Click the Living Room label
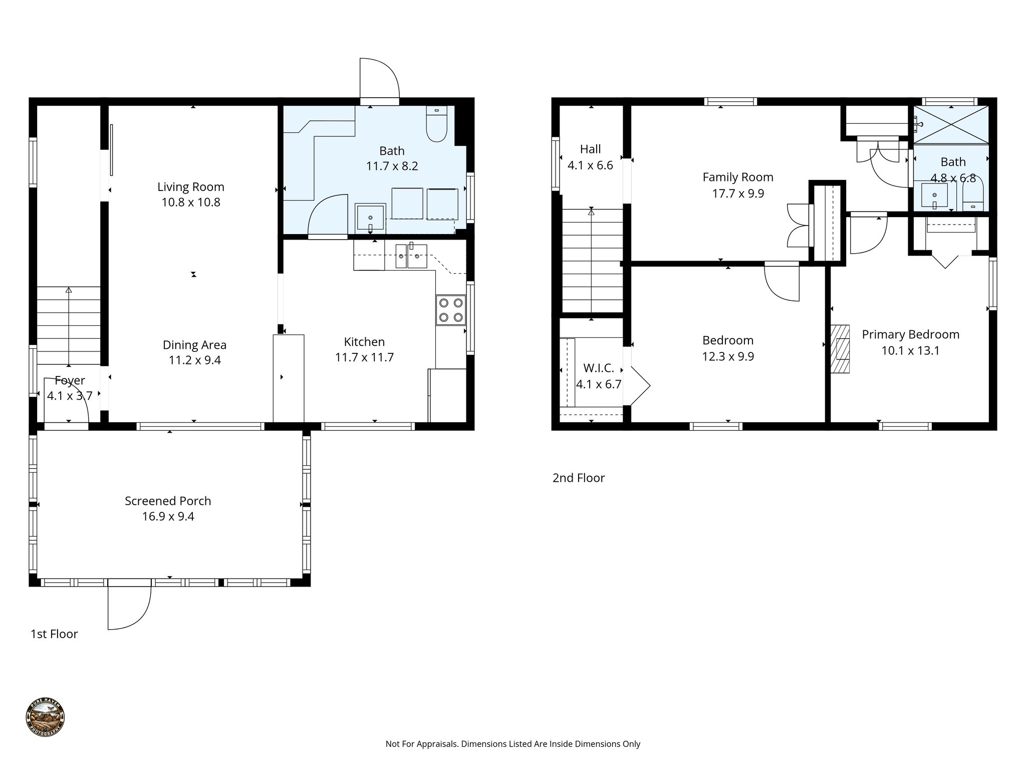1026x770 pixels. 190,187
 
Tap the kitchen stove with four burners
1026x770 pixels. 450,310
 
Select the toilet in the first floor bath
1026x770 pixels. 436,124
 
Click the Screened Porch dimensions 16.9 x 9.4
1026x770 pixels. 168,516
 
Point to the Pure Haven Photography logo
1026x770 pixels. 45,717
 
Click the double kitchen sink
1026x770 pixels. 410,256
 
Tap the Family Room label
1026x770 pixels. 737,177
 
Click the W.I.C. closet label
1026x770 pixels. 598,368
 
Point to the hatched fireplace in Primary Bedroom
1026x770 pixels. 840,349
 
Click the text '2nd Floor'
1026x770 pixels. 578,478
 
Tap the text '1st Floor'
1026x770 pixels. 54,634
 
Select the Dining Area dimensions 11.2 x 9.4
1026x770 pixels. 194,360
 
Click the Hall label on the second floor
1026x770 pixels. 590,149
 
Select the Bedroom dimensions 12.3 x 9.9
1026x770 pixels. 727,356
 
